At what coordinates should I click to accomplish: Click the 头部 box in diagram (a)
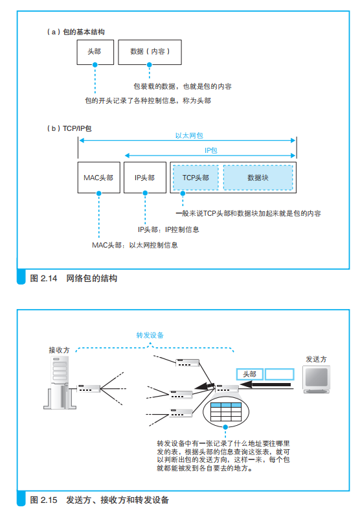pos(95,52)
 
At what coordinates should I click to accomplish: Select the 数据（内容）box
pos(150,52)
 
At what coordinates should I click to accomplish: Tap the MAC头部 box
pos(99,178)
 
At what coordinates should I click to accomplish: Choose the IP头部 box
pos(145,178)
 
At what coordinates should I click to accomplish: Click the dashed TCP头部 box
pos(196,178)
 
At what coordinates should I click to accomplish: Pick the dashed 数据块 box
pos(258,178)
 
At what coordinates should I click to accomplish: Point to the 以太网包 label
pos(189,135)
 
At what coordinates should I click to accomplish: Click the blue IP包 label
pos(210,150)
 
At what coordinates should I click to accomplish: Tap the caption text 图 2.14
pos(43,278)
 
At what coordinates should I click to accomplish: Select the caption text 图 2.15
pos(43,500)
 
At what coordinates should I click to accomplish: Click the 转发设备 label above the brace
pos(150,335)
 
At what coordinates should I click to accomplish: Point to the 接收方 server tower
pos(60,382)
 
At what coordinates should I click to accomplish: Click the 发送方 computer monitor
pos(317,379)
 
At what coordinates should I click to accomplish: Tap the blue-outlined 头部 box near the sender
pos(249,374)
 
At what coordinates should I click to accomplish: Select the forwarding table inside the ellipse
pos(226,412)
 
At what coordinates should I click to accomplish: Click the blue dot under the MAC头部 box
pos(99,193)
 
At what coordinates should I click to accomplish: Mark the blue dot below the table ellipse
pos(225,427)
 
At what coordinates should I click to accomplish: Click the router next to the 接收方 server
pos(88,388)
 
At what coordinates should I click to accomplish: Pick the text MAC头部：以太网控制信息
pos(135,245)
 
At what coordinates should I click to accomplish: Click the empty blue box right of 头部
pos(280,374)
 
